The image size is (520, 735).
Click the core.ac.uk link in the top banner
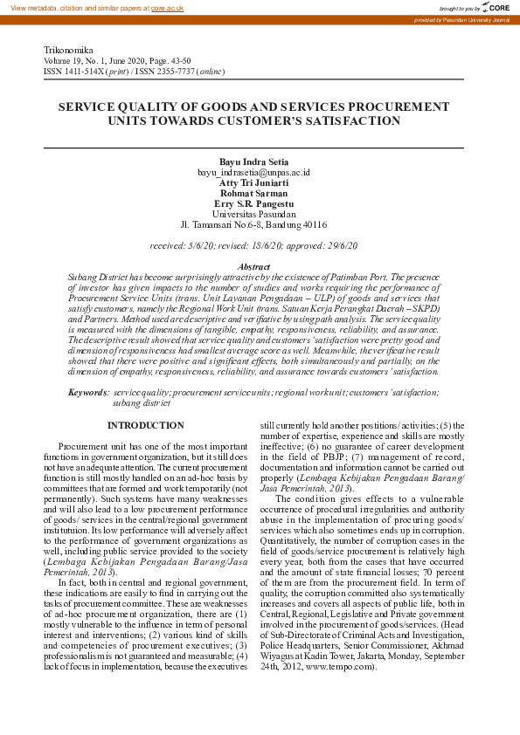click(x=167, y=7)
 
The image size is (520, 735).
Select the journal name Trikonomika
click(x=67, y=50)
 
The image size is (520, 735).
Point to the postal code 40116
click(x=312, y=224)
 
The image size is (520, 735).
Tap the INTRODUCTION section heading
click(x=145, y=425)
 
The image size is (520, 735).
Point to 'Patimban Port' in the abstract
click(x=411, y=275)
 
